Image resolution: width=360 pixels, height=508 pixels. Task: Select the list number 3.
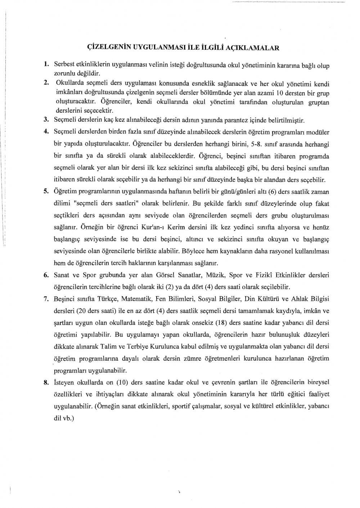click(46, 119)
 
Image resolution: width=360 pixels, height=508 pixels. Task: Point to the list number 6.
click(46, 276)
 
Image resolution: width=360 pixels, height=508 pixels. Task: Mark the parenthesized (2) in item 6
click(200, 287)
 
